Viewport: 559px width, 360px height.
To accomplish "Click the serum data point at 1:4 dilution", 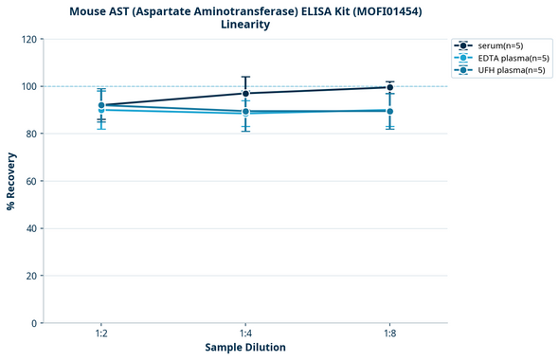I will [245, 93].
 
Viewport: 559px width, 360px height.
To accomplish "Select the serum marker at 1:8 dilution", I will [389, 87].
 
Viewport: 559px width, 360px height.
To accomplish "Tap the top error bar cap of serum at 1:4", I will [245, 77].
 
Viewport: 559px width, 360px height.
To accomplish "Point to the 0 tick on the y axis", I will [35, 323].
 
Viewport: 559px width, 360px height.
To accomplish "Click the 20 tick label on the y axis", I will [32, 276].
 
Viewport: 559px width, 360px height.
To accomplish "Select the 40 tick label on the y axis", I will [32, 228].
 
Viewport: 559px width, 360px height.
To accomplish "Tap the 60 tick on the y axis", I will [32, 181].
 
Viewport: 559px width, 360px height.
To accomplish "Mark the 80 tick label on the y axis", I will [32, 134].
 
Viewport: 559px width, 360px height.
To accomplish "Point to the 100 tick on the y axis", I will [29, 86].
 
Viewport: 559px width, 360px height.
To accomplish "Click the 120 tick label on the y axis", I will [29, 39].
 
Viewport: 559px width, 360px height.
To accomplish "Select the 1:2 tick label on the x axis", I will [101, 333].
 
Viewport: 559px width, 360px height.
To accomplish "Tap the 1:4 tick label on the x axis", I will [245, 333].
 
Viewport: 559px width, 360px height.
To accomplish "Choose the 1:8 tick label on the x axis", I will [389, 333].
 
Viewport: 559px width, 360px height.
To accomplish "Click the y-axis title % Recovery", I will [11, 180].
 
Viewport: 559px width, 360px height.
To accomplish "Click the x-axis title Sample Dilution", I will [245, 348].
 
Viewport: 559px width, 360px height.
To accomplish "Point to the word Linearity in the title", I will [245, 25].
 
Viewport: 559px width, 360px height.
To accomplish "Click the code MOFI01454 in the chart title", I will [386, 10].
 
